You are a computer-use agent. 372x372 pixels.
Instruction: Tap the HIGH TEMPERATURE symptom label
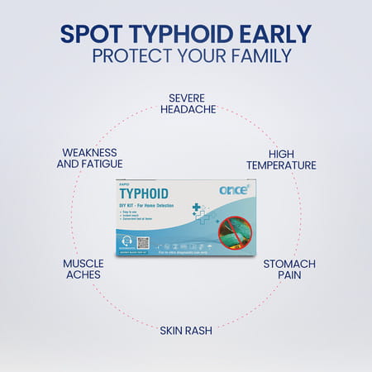pyautogui.click(x=280, y=159)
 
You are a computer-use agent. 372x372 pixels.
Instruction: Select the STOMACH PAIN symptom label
pyautogui.click(x=289, y=269)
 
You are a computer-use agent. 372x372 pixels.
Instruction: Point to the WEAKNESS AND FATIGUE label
pyautogui.click(x=89, y=158)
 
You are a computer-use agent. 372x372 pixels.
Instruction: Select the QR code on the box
pyautogui.click(x=142, y=242)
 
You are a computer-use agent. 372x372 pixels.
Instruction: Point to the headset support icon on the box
pyautogui.click(x=126, y=242)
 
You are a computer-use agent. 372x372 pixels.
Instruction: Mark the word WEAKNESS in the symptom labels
pyautogui.click(x=89, y=152)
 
